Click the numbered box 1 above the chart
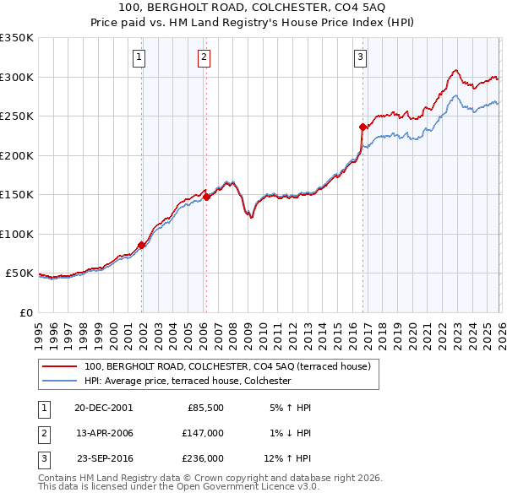139,57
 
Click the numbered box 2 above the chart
204,57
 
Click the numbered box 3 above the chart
360,57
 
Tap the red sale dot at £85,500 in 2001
142,245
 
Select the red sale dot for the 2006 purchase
206,197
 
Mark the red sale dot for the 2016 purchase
363,127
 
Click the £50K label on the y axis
19,273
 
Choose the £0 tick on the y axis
27,312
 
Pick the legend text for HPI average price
188,381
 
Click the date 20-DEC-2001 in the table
104,407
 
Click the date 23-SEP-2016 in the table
105,458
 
